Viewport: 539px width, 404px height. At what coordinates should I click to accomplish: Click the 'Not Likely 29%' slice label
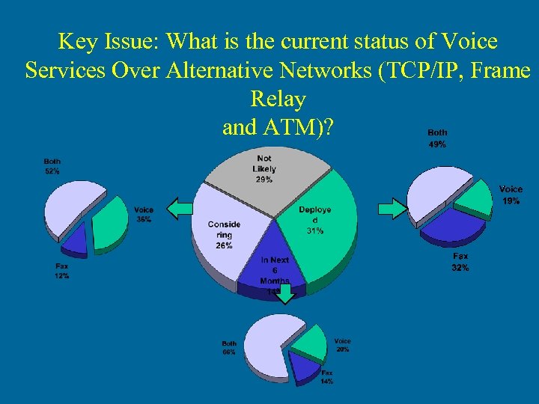264,169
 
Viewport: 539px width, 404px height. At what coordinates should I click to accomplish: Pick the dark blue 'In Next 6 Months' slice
274,266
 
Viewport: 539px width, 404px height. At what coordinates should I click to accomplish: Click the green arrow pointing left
179,209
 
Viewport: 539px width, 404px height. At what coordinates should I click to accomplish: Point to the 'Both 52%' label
52,166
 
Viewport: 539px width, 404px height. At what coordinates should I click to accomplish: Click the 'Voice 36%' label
144,215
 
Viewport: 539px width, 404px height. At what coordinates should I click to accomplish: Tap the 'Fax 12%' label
61,271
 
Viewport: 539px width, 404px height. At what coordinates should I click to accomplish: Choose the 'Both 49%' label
437,138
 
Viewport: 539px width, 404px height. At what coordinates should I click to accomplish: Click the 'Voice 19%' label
511,195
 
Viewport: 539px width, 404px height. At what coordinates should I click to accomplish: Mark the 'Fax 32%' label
460,262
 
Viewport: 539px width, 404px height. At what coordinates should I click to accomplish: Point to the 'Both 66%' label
228,347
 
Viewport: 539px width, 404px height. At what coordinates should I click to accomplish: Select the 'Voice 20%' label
342,345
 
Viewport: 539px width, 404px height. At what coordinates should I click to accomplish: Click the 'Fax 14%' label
326,376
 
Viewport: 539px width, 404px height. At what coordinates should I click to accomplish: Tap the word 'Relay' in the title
278,99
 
